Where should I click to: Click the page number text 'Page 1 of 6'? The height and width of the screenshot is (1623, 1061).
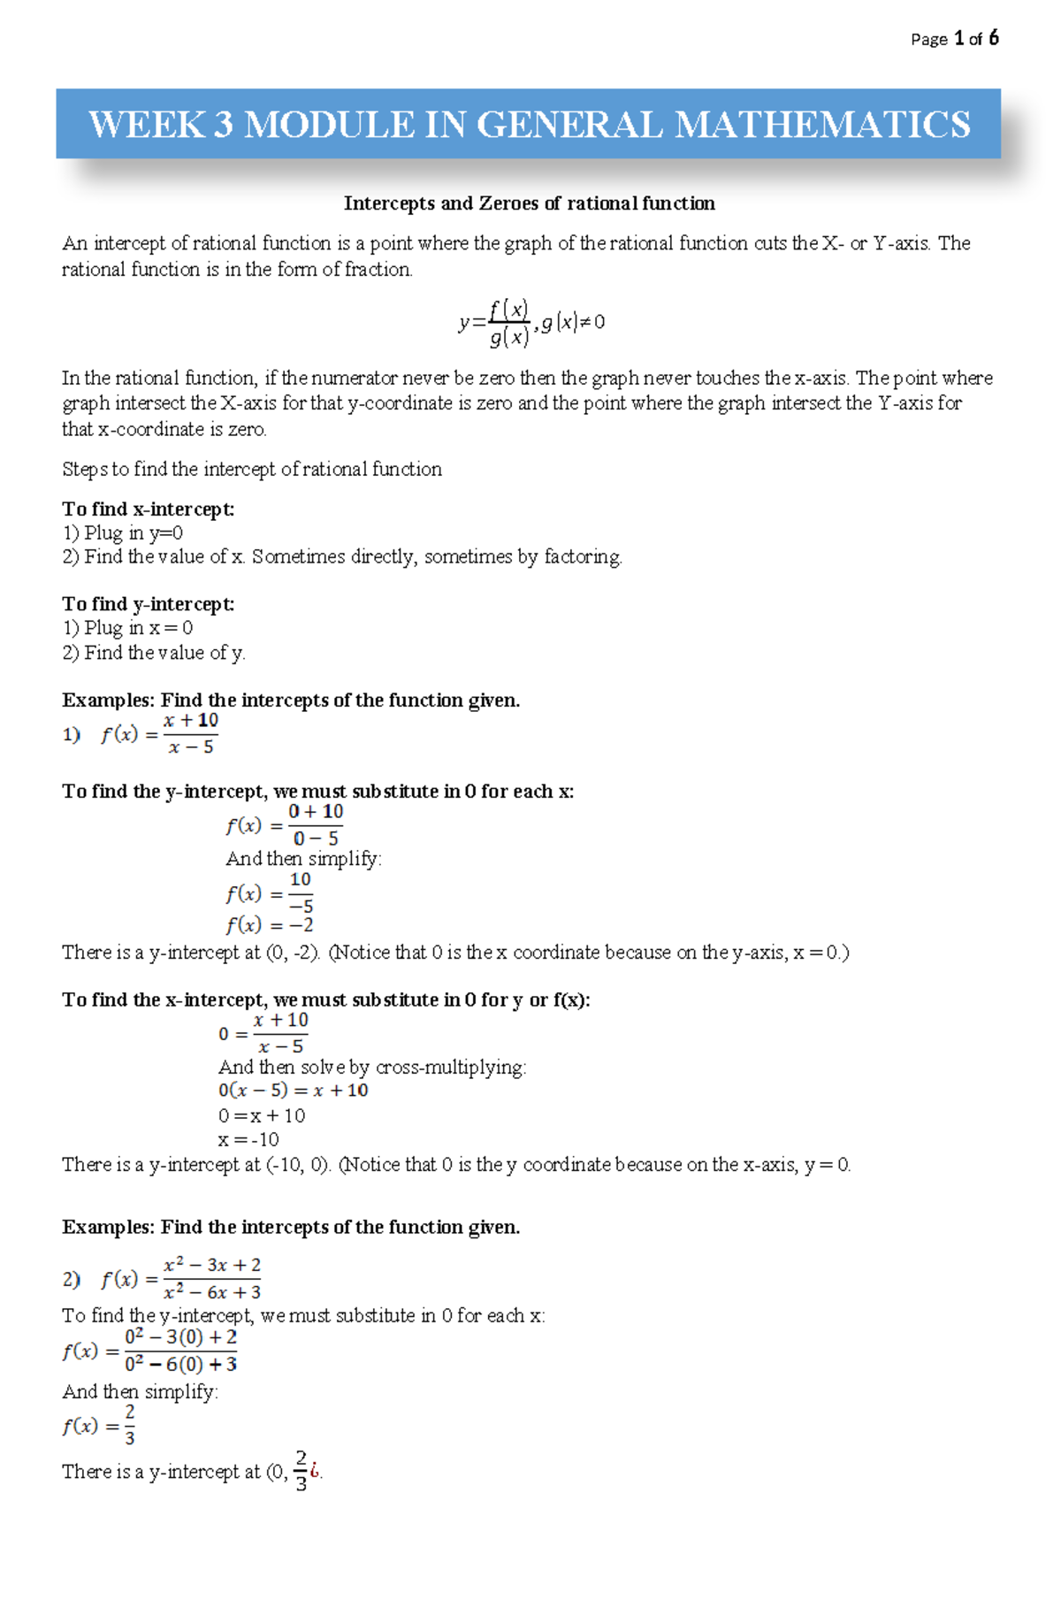click(954, 39)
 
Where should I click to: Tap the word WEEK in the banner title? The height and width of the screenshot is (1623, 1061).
click(146, 124)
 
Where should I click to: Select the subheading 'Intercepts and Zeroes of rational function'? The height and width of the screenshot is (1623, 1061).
click(529, 203)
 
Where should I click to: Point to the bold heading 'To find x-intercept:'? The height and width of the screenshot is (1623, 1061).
click(148, 509)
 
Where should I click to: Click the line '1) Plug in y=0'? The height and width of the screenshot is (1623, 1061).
click(122, 532)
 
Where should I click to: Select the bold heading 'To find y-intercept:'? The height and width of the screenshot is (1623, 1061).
click(148, 604)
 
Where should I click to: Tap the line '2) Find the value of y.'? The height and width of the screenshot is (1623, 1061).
click(153, 653)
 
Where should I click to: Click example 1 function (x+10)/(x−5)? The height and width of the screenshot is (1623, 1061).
click(160, 734)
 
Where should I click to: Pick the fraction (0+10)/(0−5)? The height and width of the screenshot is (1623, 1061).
click(316, 824)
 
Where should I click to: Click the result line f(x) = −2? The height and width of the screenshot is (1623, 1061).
click(269, 925)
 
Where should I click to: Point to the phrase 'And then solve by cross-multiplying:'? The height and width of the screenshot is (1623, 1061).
click(372, 1068)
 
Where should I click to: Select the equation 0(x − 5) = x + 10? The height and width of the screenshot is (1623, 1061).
click(293, 1091)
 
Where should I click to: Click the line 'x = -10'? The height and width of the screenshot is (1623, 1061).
click(248, 1139)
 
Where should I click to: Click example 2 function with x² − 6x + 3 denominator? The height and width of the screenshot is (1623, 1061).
click(181, 1279)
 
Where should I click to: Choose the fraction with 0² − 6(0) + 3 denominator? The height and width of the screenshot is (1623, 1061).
click(180, 1351)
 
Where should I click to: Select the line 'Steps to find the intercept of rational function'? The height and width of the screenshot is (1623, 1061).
click(252, 469)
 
